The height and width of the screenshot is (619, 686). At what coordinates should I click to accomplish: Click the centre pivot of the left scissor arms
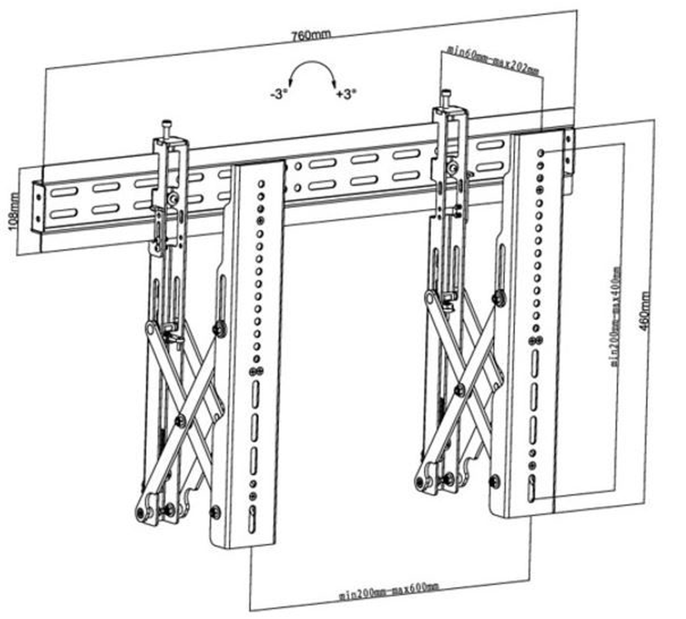click(180, 421)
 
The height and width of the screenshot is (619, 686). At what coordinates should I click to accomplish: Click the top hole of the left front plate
click(261, 184)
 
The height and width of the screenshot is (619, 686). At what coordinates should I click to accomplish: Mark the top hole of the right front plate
click(541, 152)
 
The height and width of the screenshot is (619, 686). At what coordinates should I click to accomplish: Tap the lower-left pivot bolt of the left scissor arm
click(140, 512)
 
